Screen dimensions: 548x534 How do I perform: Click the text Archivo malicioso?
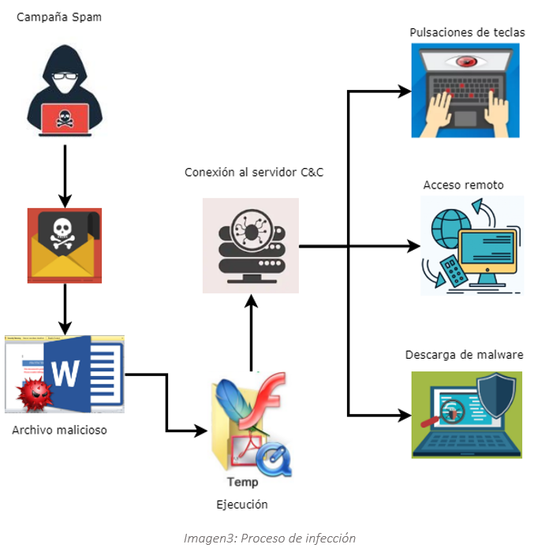click(x=59, y=431)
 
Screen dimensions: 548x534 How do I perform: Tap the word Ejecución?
click(x=242, y=505)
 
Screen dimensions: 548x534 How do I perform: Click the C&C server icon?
click(x=251, y=245)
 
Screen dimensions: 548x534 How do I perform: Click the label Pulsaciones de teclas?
click(x=467, y=32)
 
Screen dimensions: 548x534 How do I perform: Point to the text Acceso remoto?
click(x=463, y=185)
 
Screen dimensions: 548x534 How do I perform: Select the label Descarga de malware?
click(x=464, y=355)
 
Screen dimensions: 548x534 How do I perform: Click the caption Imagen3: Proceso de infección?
click(x=269, y=539)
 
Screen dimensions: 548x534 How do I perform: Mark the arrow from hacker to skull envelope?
click(x=65, y=170)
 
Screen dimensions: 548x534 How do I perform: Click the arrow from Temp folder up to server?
click(x=251, y=331)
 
